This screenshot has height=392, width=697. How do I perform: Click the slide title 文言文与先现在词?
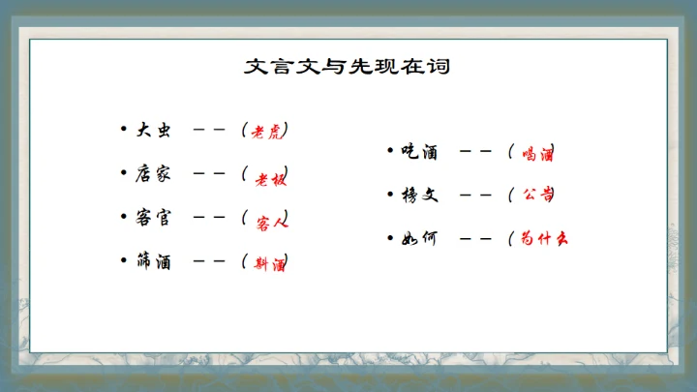(348, 67)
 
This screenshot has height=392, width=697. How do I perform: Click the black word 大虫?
(153, 130)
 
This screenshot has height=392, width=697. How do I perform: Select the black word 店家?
(153, 174)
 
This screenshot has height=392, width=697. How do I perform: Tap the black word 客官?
(153, 218)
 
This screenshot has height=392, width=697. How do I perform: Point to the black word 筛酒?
(153, 261)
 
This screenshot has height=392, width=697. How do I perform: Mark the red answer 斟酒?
(269, 263)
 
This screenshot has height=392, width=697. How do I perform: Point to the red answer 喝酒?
(537, 153)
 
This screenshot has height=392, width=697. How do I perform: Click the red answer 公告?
(537, 195)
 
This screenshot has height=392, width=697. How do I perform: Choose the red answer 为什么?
(543, 238)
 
